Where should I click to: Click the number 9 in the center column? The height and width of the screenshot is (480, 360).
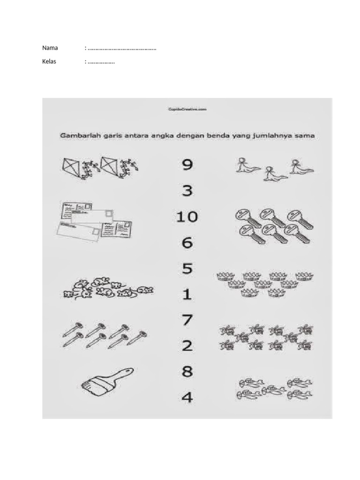187,165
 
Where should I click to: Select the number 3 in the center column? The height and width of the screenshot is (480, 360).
187,191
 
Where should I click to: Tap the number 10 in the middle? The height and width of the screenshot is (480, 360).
187,217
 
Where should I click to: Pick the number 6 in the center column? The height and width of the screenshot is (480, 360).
187,243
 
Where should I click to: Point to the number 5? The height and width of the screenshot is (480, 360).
187,269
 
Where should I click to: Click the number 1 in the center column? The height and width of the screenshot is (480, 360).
187,295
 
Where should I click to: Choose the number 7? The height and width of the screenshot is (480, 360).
187,321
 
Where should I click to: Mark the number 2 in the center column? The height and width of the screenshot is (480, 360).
187,346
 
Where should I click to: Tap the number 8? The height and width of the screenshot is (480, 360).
187,372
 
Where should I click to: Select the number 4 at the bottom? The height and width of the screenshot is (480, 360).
187,398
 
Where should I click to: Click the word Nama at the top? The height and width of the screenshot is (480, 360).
50,48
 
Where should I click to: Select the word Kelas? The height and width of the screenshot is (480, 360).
49,61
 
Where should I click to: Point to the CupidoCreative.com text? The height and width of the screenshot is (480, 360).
187,109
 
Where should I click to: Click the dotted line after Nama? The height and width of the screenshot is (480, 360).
121,48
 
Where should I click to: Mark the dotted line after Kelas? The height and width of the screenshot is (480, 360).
101,62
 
